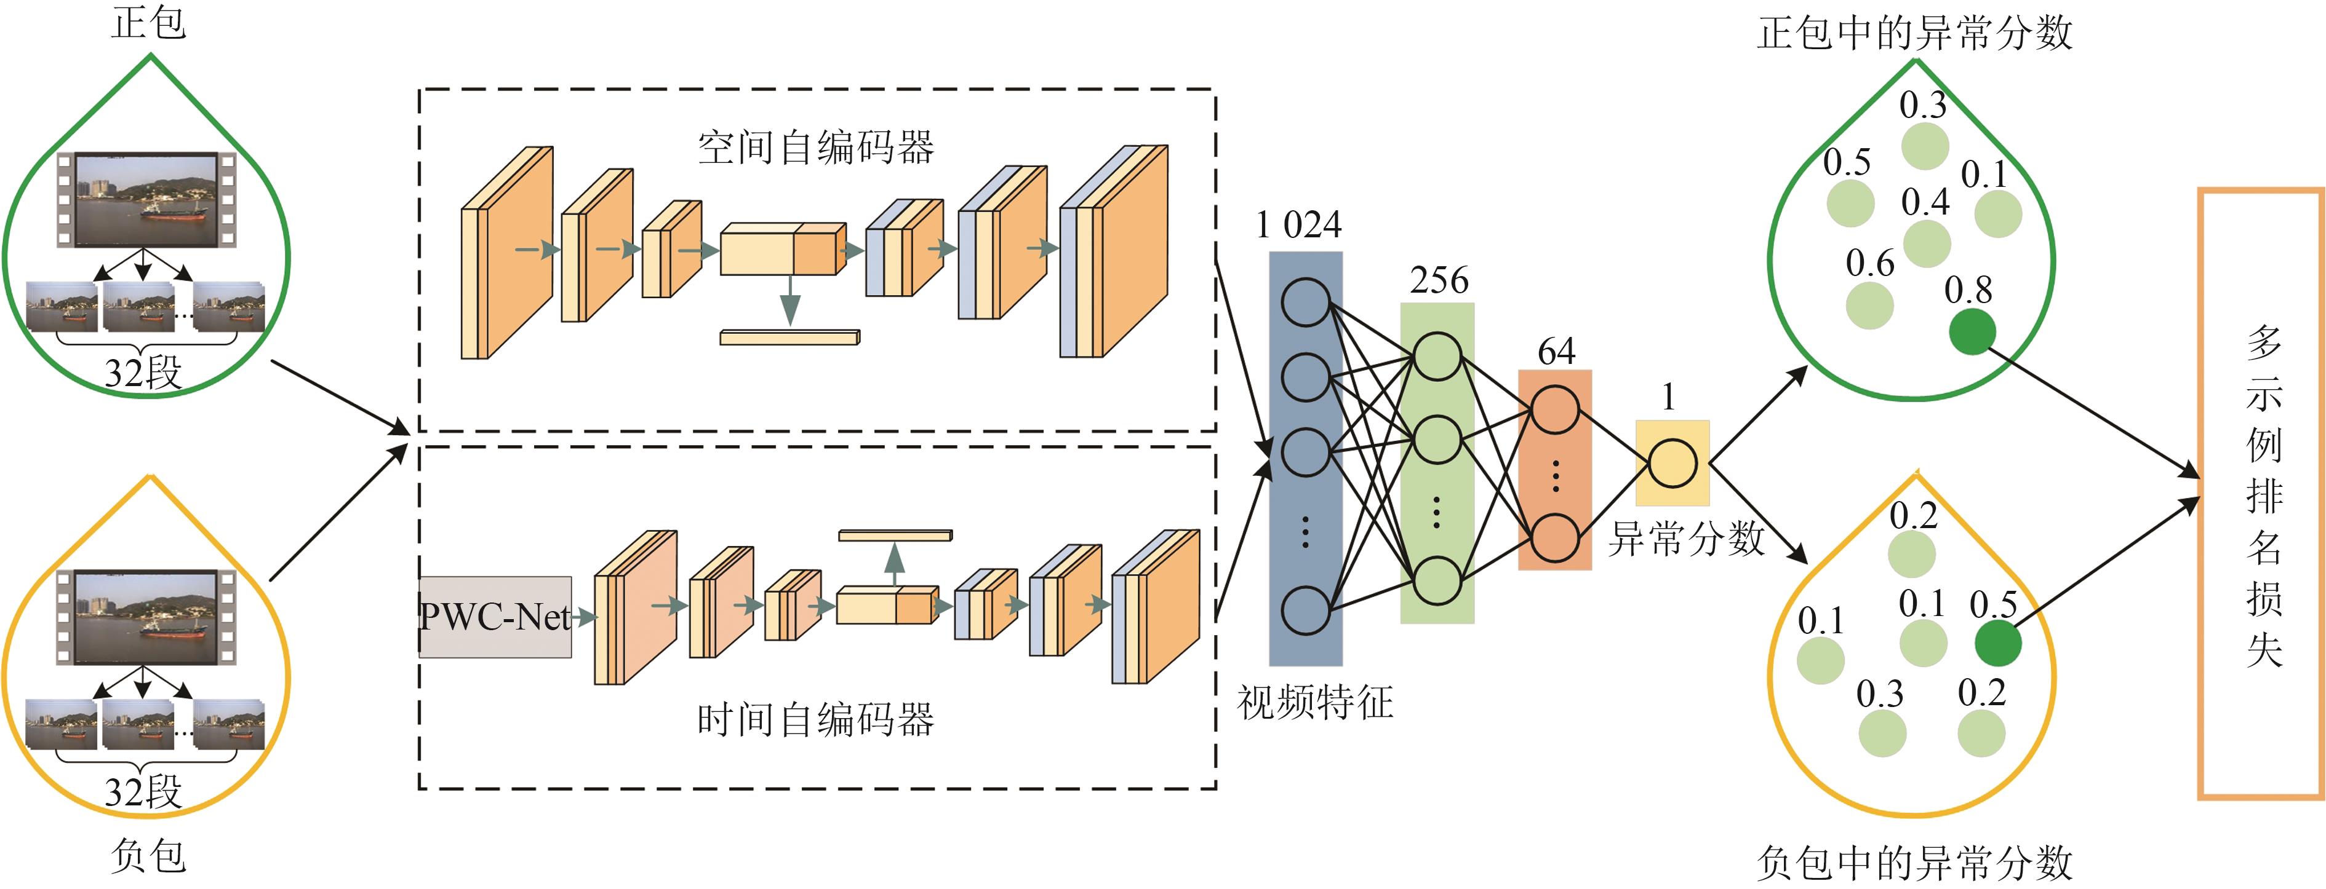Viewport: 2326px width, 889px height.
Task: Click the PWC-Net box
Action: point(495,617)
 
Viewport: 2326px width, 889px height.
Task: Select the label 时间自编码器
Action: point(815,720)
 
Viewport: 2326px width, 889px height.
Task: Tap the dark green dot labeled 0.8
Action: point(1972,331)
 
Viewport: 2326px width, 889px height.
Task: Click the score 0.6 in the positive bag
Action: point(1869,264)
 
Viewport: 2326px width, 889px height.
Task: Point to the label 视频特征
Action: point(1315,702)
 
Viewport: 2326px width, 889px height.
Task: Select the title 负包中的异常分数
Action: point(1914,863)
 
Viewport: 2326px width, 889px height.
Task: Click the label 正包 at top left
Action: point(149,23)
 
